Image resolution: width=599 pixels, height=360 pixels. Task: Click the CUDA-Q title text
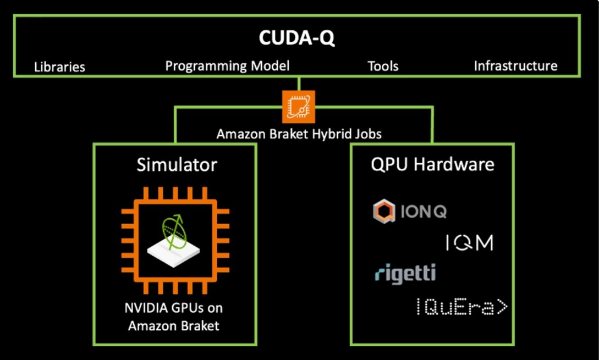(x=296, y=39)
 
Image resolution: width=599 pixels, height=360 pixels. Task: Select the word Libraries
(x=59, y=67)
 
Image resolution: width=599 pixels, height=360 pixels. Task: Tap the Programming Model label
(x=227, y=66)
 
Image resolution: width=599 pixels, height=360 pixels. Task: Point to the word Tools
(x=383, y=67)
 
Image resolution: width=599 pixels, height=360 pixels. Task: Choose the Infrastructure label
(x=515, y=66)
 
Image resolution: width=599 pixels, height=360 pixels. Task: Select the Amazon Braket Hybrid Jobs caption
(x=299, y=134)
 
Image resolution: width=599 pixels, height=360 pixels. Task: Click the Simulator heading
(x=177, y=164)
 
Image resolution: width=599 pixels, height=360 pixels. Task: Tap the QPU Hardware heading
(x=432, y=164)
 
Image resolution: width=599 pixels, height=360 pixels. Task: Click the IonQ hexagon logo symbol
(x=384, y=212)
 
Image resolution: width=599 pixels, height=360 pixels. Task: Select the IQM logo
(x=469, y=242)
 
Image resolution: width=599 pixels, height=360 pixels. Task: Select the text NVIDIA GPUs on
(x=173, y=307)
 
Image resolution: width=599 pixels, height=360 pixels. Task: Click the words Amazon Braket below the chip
(x=173, y=325)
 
